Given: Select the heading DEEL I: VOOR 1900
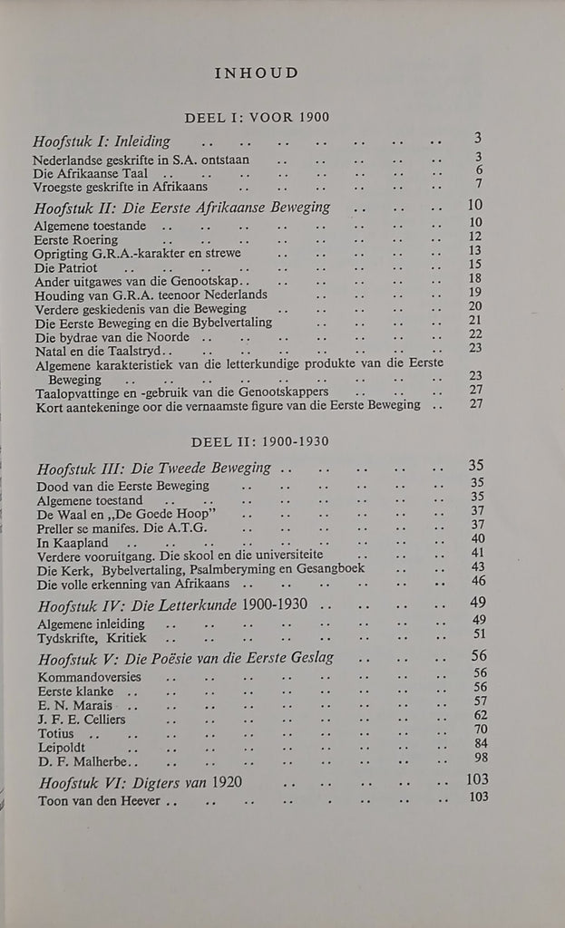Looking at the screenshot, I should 257,117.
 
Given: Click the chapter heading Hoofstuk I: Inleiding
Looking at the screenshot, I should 102,142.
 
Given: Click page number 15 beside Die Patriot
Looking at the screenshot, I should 475,265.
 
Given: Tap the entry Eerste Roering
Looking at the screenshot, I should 76,239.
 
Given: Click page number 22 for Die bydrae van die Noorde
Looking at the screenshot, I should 475,334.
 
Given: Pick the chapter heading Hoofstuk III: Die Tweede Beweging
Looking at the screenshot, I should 154,468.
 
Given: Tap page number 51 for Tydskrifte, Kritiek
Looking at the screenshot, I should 479,634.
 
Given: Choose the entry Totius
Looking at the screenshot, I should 56,733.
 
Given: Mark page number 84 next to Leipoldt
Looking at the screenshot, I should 480,744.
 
